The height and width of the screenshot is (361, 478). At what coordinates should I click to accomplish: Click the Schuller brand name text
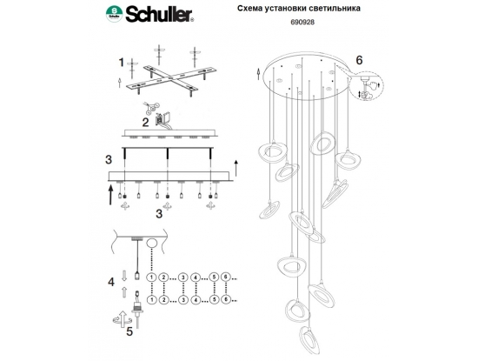pyautogui.click(x=160, y=14)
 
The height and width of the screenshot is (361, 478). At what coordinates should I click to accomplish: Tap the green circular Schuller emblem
pyautogui.click(x=115, y=14)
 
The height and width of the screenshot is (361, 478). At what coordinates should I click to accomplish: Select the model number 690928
pyautogui.click(x=298, y=22)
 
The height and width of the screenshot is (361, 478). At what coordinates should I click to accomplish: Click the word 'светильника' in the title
pyautogui.click(x=335, y=8)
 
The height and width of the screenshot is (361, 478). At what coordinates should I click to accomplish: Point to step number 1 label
pyautogui.click(x=122, y=63)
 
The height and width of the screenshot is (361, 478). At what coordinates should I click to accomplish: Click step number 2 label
pyautogui.click(x=146, y=122)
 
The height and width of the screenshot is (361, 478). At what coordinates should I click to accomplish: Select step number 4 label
pyautogui.click(x=111, y=282)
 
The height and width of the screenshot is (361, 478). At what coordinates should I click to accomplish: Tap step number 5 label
pyautogui.click(x=129, y=331)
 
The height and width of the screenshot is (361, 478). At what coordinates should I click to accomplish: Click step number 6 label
pyautogui.click(x=360, y=60)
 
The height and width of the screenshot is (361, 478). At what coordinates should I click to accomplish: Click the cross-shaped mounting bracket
pyautogui.click(x=171, y=78)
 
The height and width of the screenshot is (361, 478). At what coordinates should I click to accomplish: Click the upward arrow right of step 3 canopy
pyautogui.click(x=236, y=167)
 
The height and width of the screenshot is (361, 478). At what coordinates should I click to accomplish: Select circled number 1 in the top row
pyautogui.click(x=151, y=277)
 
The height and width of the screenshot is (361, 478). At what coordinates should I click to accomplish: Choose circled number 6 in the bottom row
pyautogui.click(x=226, y=299)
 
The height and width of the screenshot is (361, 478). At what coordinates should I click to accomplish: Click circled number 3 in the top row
pyautogui.click(x=183, y=277)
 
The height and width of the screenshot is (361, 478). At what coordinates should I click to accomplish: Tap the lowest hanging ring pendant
pyautogui.click(x=309, y=339)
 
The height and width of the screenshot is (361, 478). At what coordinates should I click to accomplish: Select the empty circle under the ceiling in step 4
pyautogui.click(x=151, y=244)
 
